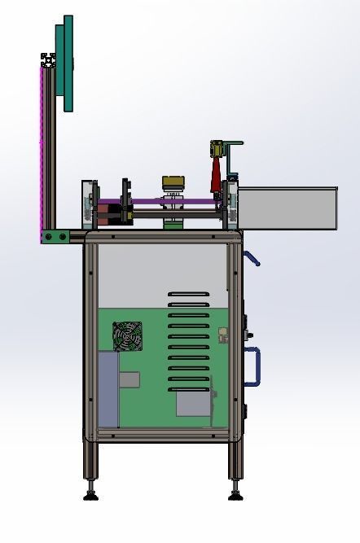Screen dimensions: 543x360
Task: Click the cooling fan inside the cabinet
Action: pos(127,336)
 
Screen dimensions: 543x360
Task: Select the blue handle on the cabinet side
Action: pos(254,366)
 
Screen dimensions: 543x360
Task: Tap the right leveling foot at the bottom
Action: pos(235,493)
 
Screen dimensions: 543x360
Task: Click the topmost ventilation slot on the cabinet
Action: pos(188,294)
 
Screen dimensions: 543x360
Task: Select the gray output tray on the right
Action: pos(288,207)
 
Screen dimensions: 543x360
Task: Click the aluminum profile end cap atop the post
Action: pos(49,59)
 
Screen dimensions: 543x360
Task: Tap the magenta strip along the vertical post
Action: pos(42,147)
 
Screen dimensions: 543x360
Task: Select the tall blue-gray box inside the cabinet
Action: pos(108,388)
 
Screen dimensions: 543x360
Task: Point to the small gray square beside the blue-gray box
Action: pos(129,379)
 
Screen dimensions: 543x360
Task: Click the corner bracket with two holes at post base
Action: pos(56,236)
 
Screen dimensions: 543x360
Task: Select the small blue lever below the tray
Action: pos(252,259)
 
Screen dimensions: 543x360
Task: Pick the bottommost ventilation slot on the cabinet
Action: pos(188,388)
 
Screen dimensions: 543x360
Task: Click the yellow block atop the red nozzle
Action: pos(217,148)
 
